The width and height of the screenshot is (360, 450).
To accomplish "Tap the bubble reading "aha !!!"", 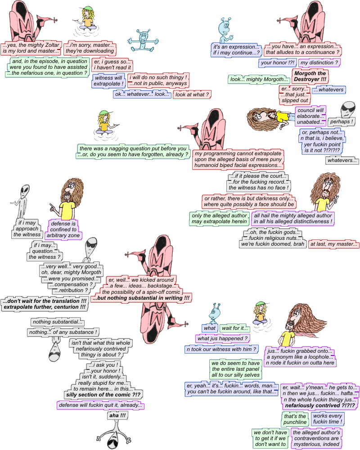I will tap(117, 415).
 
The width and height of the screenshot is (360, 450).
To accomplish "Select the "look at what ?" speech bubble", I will tap(192, 94).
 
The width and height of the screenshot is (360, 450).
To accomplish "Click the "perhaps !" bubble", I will tap(341, 121).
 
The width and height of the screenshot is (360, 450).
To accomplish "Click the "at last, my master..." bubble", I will tap(334, 244).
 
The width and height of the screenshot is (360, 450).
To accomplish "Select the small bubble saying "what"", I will tap(210, 328).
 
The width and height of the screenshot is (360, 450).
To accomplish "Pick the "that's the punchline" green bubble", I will tap(294, 419).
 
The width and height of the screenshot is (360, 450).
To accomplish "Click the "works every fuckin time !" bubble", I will tap(327, 419).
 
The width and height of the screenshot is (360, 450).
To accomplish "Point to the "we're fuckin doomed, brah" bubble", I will tap(273, 244).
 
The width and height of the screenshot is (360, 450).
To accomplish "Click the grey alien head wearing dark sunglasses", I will tap(348, 108).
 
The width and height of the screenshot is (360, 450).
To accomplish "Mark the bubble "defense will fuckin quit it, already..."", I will tap(101, 405).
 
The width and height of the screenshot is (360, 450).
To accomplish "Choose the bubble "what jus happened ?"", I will tap(223, 338).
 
